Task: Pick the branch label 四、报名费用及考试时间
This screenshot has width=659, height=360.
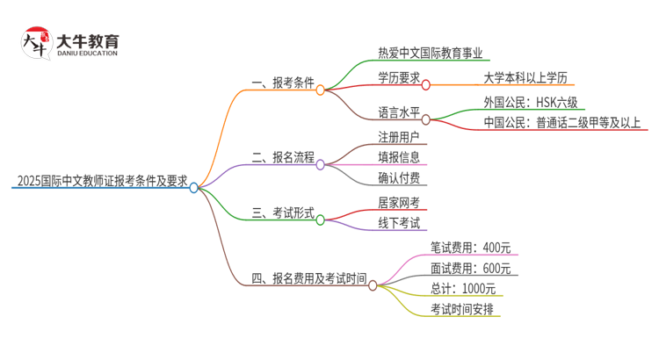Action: (308, 280)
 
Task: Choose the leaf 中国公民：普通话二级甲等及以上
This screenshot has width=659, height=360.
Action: (562, 123)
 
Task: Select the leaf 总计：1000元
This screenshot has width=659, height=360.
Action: (463, 289)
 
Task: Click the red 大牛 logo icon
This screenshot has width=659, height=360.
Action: (34, 42)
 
